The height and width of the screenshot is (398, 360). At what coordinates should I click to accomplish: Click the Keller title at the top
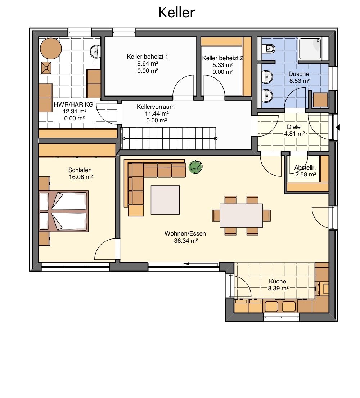pyautogui.click(x=176, y=12)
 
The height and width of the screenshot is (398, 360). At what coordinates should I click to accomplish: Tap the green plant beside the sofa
pyautogui.click(x=195, y=167)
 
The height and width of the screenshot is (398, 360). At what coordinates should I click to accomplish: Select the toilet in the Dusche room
pyautogui.click(x=269, y=48)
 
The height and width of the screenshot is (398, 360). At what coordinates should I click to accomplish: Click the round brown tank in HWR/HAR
pyautogui.click(x=51, y=49)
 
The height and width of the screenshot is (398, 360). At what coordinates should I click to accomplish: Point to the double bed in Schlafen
pyautogui.click(x=63, y=211)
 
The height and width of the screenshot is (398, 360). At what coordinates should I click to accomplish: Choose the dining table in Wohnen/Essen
pyautogui.click(x=241, y=215)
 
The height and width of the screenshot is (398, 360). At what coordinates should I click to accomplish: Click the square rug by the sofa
pyautogui.click(x=165, y=200)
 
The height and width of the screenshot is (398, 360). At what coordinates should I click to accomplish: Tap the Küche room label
pyautogui.click(x=277, y=281)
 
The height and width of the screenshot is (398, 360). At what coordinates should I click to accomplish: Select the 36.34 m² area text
pyautogui.click(x=186, y=241)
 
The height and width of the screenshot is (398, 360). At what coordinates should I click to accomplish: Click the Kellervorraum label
pyautogui.click(x=156, y=107)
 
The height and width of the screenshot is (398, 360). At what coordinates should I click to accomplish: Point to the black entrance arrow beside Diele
pyautogui.click(x=338, y=127)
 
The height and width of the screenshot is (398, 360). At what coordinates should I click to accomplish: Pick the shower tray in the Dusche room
pyautogui.click(x=310, y=49)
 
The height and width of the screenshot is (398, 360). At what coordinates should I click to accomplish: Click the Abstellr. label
pyautogui.click(x=305, y=167)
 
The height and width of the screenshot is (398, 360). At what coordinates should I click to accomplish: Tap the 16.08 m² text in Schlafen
pyautogui.click(x=81, y=177)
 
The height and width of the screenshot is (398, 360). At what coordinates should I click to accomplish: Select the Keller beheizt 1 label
pyautogui.click(x=147, y=57)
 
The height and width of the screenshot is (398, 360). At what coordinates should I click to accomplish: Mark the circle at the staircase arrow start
pyautogui.click(x=216, y=139)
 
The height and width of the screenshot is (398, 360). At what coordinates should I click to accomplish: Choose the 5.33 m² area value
pyautogui.click(x=223, y=65)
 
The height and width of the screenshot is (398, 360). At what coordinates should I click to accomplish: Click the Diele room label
pyautogui.click(x=293, y=127)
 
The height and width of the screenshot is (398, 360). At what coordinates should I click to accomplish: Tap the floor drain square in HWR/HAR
pyautogui.click(x=46, y=68)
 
